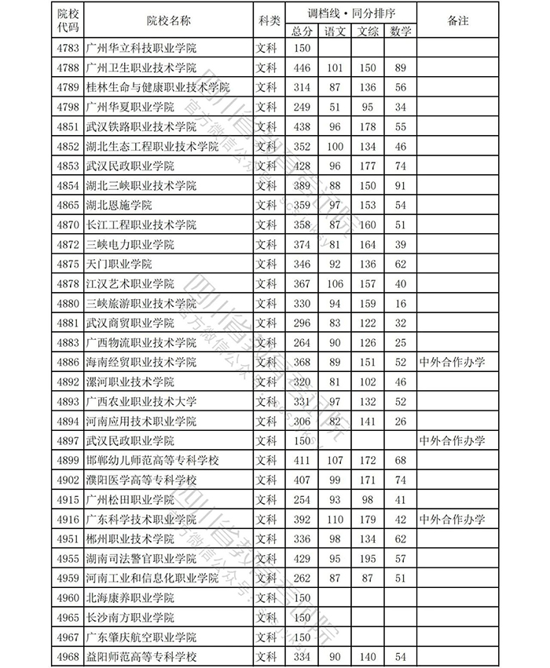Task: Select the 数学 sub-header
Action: click(400, 31)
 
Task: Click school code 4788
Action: click(68, 68)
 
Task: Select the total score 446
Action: click(302, 68)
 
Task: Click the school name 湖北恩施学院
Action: click(119, 206)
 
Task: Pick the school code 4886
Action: click(68, 363)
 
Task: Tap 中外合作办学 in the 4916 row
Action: click(453, 520)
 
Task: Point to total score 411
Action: click(302, 461)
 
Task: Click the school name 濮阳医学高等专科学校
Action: click(141, 480)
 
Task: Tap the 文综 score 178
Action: click(367, 127)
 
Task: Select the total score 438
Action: click(302, 127)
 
